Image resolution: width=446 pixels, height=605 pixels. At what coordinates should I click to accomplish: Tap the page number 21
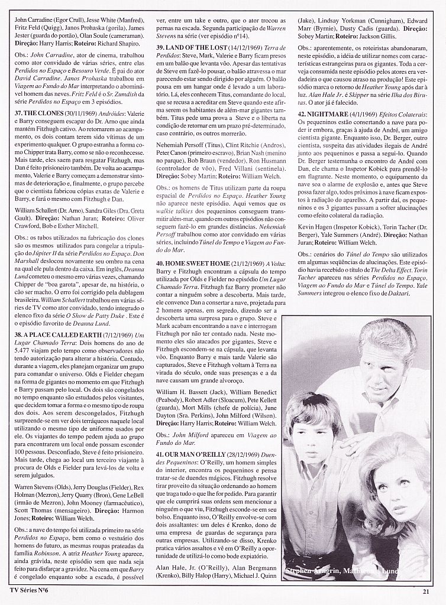(x=425, y=594)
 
